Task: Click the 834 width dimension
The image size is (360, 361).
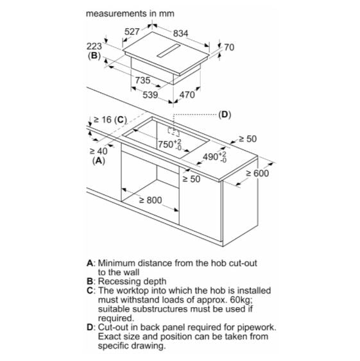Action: [180, 33]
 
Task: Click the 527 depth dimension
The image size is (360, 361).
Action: [132, 31]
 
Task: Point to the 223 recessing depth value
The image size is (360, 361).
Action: [94, 46]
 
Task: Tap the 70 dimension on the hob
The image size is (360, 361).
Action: [229, 47]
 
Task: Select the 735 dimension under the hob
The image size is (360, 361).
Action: [142, 80]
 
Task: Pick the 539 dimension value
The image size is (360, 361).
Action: [150, 95]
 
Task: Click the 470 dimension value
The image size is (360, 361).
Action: [187, 95]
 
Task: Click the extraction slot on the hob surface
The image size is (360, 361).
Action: [168, 50]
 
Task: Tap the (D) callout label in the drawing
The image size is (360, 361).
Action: [225, 115]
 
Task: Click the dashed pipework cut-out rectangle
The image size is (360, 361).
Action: [173, 131]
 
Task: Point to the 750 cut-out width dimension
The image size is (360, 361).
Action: [169, 145]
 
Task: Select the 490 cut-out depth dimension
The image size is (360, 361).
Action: [214, 157]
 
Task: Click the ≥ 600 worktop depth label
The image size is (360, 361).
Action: [257, 173]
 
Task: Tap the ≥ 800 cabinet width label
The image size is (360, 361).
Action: [151, 200]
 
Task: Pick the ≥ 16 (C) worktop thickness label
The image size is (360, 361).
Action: [110, 120]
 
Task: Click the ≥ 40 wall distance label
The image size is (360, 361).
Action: [98, 151]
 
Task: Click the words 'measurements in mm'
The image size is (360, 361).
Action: [130, 13]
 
